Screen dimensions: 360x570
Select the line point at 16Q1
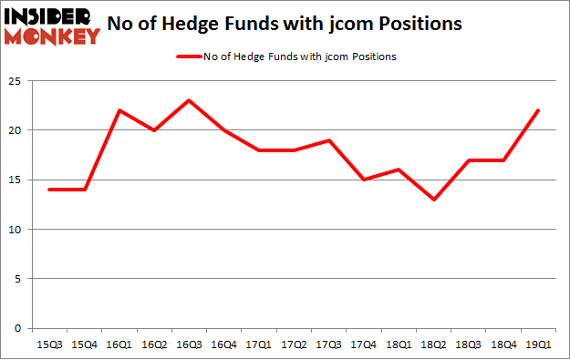click(119, 110)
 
